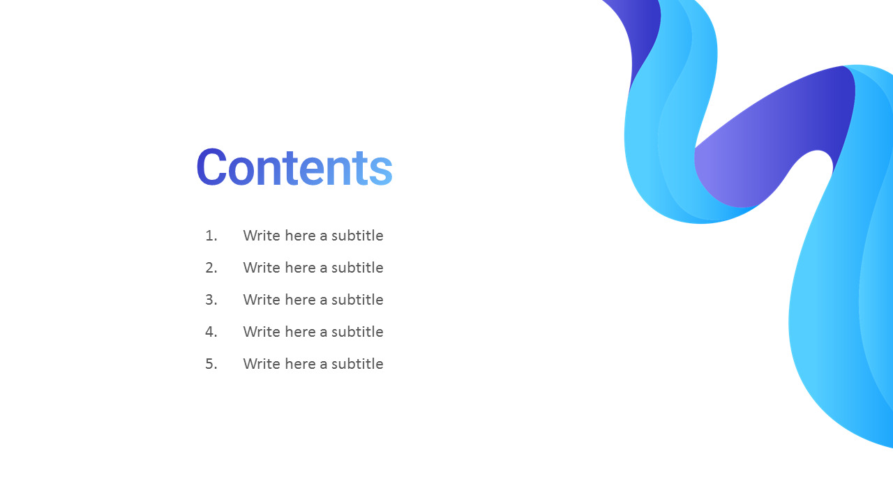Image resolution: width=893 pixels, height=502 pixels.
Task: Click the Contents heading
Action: [294, 167]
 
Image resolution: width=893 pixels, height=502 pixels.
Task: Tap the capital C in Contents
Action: [211, 167]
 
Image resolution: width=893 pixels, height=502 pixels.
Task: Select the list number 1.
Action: [211, 236]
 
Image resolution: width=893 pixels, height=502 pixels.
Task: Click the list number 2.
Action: [211, 268]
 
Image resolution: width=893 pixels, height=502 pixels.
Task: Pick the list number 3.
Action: [211, 300]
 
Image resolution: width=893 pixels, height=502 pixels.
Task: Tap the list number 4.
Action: [211, 332]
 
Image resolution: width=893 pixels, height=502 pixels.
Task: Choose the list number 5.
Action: [211, 364]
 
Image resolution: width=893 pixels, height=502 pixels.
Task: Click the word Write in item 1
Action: [262, 236]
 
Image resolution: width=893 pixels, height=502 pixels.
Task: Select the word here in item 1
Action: [300, 236]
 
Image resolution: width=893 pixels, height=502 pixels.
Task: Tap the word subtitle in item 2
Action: [357, 268]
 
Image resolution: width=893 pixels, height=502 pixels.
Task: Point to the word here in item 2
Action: [300, 268]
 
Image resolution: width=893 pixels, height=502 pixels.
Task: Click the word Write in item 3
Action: [262, 300]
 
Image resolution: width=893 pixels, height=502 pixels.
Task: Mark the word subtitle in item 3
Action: [357, 300]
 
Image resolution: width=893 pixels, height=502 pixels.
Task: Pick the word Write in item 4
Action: [262, 332]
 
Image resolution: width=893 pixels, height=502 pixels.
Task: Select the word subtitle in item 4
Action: [357, 332]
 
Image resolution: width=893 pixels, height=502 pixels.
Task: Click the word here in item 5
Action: [300, 364]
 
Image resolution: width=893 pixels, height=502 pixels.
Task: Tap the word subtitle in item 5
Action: [357, 364]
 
